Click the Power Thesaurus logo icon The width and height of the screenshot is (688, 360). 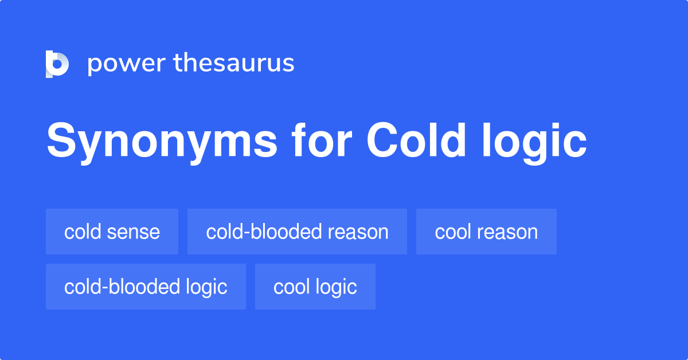point(57,64)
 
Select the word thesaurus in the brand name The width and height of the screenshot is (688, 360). point(234,64)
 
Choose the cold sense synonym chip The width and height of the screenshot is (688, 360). point(112,232)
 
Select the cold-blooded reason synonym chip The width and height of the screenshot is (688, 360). point(297,232)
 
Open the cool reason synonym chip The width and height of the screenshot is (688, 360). point(486,232)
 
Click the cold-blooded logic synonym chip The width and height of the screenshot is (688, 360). point(146,287)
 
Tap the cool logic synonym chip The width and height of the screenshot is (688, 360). point(315,287)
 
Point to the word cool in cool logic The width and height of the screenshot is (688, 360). point(292,287)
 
